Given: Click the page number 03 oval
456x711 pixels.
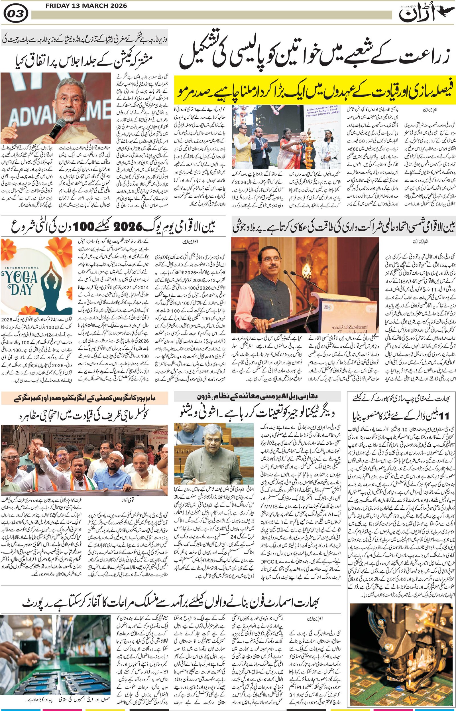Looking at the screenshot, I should [x=16, y=14].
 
